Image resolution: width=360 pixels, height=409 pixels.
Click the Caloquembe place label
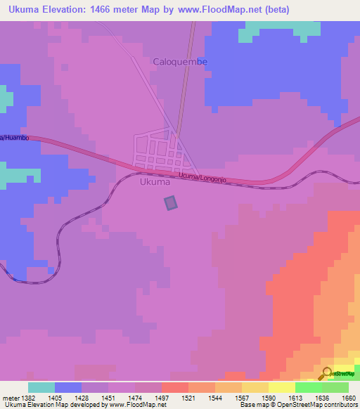(x=181, y=62)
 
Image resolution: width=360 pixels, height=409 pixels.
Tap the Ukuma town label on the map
(x=155, y=182)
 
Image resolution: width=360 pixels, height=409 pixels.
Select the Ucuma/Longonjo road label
(x=204, y=177)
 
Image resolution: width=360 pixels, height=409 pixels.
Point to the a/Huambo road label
(x=14, y=138)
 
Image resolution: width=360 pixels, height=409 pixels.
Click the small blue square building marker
(x=171, y=203)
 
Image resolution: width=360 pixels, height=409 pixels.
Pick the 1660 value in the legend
(x=349, y=398)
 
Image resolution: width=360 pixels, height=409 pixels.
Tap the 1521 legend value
(x=188, y=398)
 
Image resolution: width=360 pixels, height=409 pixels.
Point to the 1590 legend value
(x=269, y=398)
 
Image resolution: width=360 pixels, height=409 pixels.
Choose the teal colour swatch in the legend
(x=41, y=387)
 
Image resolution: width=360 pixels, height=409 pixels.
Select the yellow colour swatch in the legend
(x=281, y=387)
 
